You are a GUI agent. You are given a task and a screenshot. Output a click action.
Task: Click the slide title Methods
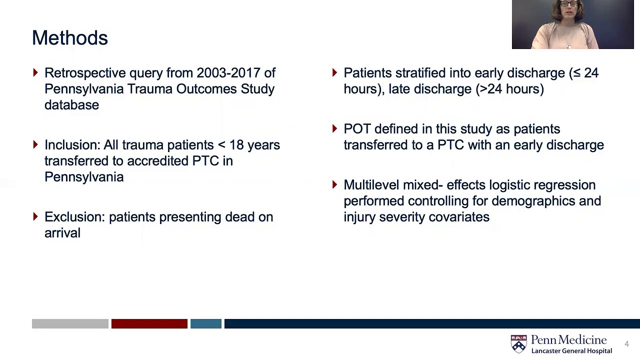click(x=69, y=38)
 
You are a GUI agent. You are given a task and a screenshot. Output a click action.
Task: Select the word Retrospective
click(x=85, y=73)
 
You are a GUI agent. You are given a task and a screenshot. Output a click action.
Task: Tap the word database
click(x=71, y=105)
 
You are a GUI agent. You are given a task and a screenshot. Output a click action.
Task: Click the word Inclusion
click(x=72, y=145)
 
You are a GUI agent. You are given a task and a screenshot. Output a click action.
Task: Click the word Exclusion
click(x=74, y=217)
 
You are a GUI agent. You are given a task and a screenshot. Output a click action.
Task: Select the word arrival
click(x=62, y=233)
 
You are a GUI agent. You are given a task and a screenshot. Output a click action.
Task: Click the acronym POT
click(x=356, y=129)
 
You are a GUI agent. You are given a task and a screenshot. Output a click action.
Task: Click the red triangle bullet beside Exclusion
click(x=35, y=216)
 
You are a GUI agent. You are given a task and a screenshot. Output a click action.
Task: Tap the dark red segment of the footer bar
click(x=149, y=324)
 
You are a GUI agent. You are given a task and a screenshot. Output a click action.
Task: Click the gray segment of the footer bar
click(x=70, y=324)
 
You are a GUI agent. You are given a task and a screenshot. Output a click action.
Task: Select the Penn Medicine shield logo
click(x=518, y=344)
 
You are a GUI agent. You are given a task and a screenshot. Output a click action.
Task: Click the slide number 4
click(x=626, y=344)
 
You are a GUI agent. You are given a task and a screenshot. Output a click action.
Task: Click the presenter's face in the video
click(x=570, y=10)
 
